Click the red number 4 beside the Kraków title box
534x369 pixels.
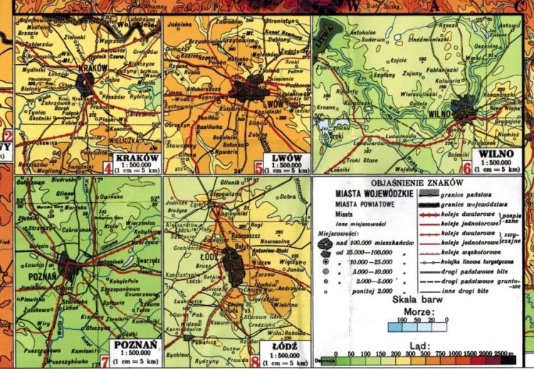point(107,168)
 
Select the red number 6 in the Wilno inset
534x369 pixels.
point(467,169)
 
